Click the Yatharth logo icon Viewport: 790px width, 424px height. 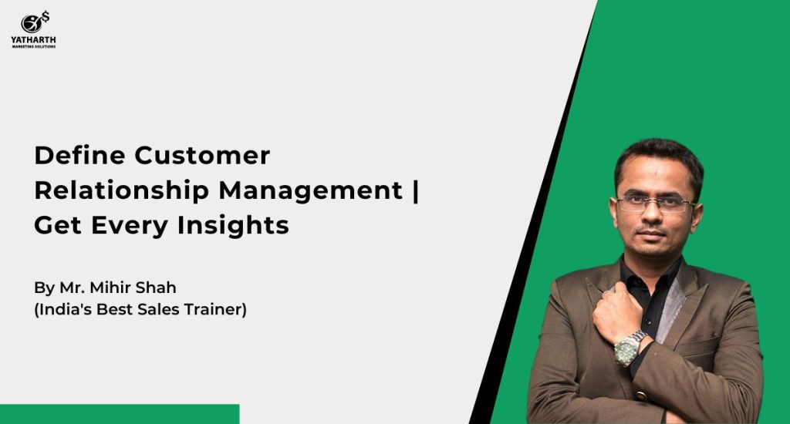pos(35,22)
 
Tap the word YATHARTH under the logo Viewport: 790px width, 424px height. pos(33,40)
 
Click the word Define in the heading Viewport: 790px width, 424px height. pos(79,155)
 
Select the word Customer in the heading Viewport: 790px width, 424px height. pos(202,155)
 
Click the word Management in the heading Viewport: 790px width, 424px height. pos(311,190)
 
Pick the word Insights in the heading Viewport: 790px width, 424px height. pos(233,225)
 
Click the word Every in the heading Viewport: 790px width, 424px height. pos(130,226)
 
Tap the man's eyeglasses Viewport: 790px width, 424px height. pos(656,204)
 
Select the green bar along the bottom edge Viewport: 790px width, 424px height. pos(120,414)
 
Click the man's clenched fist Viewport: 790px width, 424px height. pos(617,311)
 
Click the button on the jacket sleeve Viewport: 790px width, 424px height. pos(641,395)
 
